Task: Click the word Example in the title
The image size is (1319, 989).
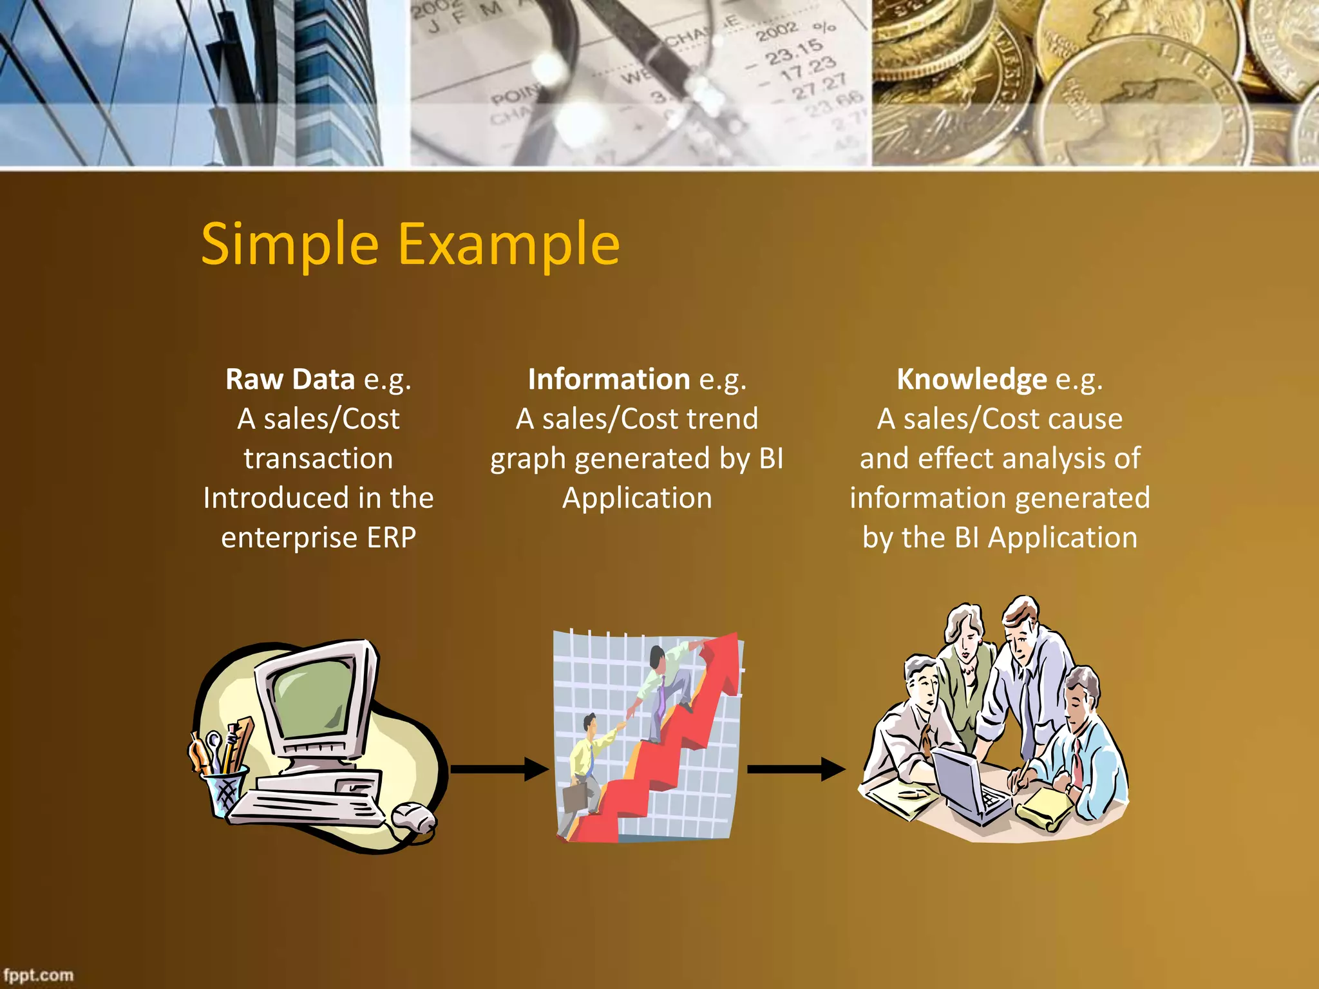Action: tap(509, 245)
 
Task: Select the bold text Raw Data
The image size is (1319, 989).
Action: tap(290, 379)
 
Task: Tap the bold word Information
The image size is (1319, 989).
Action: tap(609, 379)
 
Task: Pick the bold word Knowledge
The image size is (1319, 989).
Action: tap(972, 379)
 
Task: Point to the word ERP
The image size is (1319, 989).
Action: tap(392, 538)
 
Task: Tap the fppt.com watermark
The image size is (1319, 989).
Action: tap(39, 975)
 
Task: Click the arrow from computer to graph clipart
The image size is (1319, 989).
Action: tap(499, 769)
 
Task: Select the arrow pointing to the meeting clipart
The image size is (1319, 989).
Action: tap(796, 769)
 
